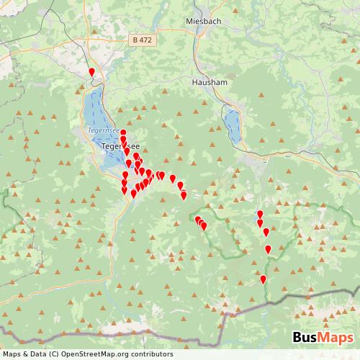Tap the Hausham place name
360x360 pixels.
pyautogui.click(x=210, y=83)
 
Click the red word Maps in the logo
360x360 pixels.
pyautogui.click(x=337, y=338)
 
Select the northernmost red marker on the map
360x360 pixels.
pyautogui.click(x=91, y=71)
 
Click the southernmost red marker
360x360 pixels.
pyautogui.click(x=263, y=279)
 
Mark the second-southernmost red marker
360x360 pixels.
pyautogui.click(x=268, y=249)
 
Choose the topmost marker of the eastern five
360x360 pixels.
pyautogui.click(x=260, y=214)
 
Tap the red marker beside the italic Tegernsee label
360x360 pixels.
pyautogui.click(x=123, y=132)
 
